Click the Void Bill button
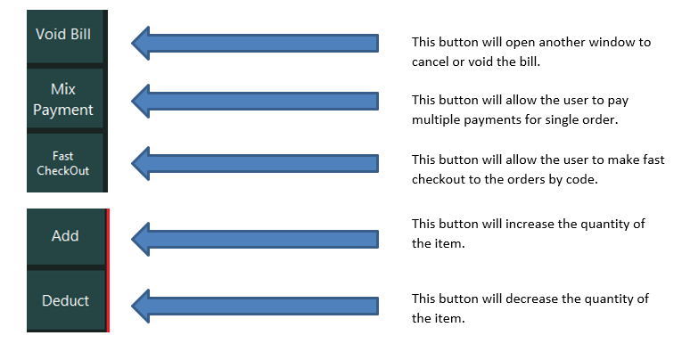65,37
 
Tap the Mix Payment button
65,99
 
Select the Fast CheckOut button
65,162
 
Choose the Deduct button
66,301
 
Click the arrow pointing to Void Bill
255,43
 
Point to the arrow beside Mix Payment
255,101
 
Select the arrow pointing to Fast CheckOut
255,163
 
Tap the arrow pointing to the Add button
255,239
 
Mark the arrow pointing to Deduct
255,306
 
